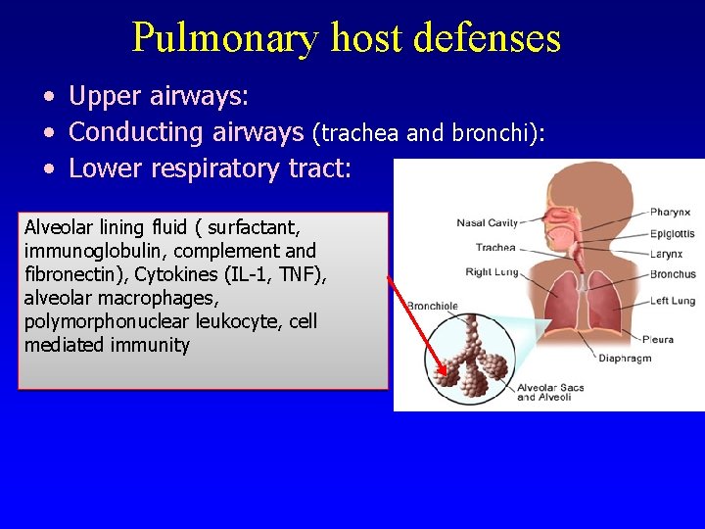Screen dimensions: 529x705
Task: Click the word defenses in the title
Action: tap(487, 38)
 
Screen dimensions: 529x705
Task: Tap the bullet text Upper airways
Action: tap(160, 97)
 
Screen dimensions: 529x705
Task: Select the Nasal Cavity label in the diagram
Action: tap(487, 223)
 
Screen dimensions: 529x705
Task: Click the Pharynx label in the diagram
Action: tap(671, 212)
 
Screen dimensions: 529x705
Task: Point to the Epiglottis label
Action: tap(673, 234)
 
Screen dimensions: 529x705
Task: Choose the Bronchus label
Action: tap(673, 274)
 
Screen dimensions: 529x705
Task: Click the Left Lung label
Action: tap(673, 301)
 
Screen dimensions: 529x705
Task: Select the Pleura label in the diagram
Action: tap(658, 339)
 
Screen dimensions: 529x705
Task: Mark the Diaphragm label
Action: tap(625, 359)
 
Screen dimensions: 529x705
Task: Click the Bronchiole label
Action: tap(432, 307)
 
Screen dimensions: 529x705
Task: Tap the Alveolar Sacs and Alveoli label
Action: tap(550, 392)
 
